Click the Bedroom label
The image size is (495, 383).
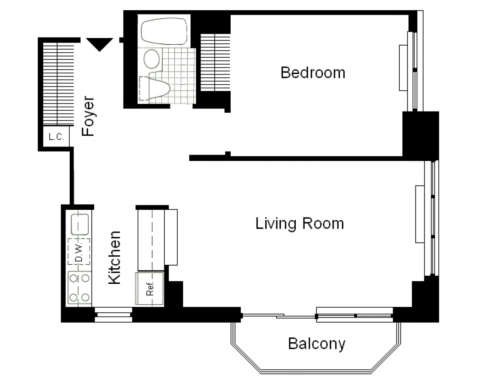coord(313,73)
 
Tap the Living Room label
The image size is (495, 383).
coord(300,223)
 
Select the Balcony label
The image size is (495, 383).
coord(317,344)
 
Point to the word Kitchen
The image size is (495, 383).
coord(114,257)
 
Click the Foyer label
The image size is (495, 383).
coord(88,116)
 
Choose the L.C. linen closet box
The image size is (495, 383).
coord(56,137)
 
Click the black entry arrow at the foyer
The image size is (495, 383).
coord(99,44)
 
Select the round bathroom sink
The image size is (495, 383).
coord(152,59)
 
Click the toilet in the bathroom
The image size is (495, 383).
coord(155,88)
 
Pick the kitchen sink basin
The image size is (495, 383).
coord(80,224)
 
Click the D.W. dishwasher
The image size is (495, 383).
coord(79,252)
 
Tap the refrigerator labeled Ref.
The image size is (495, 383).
coord(150,289)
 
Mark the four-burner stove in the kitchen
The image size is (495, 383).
coord(79,288)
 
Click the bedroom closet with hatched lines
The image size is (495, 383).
coord(215,63)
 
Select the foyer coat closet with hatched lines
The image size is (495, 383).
coord(58,84)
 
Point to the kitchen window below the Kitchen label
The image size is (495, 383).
coord(113,314)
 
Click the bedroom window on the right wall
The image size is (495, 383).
coord(415,71)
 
